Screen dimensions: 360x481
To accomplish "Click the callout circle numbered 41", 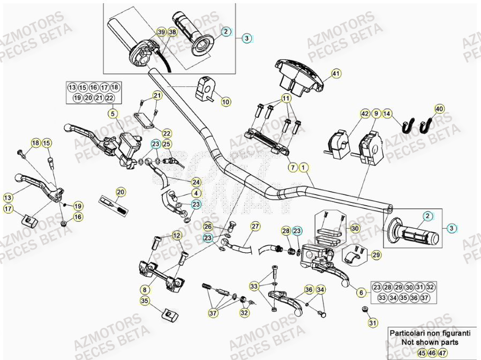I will tap(336, 73).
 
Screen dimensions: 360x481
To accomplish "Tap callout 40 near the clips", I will tap(439, 109).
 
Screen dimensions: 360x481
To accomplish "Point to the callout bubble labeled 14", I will tap(388, 114).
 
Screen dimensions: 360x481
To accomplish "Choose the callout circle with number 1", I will tap(303, 168).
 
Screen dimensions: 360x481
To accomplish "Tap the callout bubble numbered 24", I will tap(196, 182).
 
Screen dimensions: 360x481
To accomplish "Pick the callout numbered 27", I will tap(255, 226).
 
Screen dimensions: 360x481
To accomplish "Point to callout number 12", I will tap(177, 235).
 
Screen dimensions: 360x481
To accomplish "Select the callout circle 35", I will tap(144, 302).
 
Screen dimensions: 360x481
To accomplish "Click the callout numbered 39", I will tap(161, 32).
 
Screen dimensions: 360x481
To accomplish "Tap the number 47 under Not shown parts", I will tap(442, 353).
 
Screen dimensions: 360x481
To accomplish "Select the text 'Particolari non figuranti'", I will tap(429, 333).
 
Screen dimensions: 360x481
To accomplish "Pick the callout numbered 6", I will tap(360, 292).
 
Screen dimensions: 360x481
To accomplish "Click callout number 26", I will tap(208, 226).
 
